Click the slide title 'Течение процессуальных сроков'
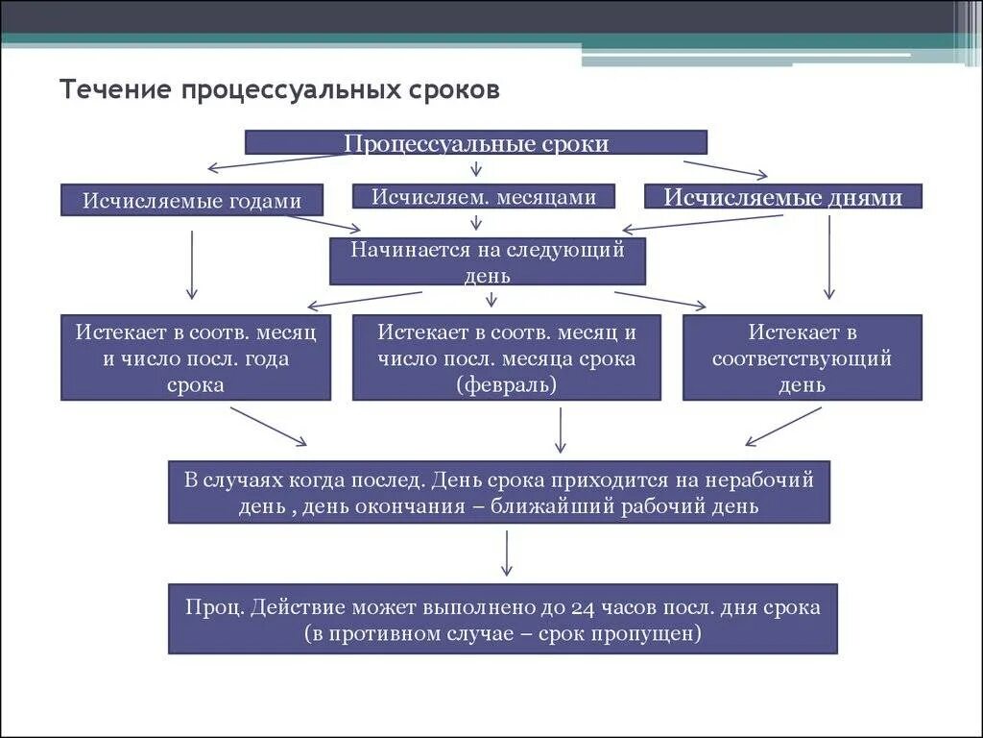pos(279,90)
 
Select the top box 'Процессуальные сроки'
pos(476,142)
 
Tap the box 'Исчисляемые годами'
pos(192,200)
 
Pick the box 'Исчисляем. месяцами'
pos(483,196)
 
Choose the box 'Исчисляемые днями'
pos(782,197)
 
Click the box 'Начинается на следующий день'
pos(488,261)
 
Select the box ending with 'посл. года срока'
pos(196,357)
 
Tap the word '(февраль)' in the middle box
pos(507,384)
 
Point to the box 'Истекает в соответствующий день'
pos(802,357)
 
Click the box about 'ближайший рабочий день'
pos(499,492)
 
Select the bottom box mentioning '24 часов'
pos(502,619)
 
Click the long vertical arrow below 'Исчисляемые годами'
pos(192,263)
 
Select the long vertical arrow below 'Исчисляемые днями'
pos(829,257)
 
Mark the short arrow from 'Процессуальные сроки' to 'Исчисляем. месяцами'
pos(476,168)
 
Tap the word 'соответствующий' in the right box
pos(802,358)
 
